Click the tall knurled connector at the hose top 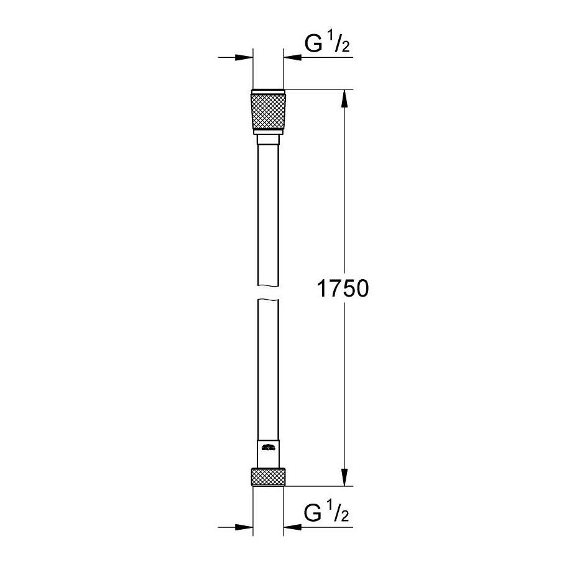269,112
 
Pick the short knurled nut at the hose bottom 269,478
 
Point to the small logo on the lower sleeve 269,446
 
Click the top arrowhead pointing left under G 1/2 293,58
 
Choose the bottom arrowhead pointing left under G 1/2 293,527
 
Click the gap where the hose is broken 269,292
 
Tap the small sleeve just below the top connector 269,140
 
